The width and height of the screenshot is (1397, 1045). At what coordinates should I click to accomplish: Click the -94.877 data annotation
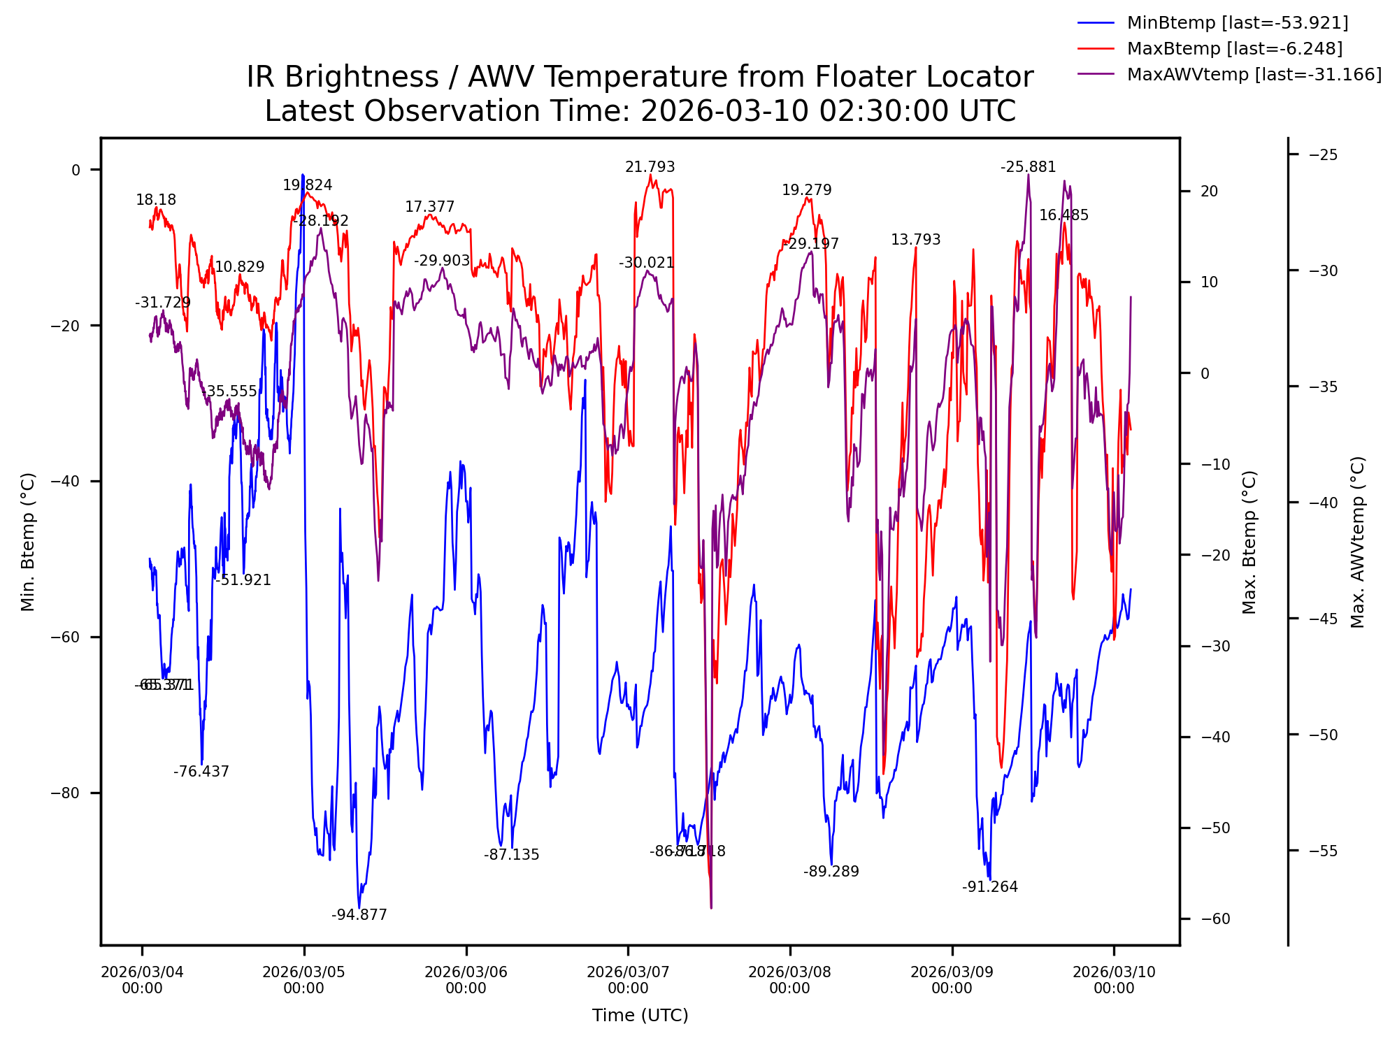click(359, 915)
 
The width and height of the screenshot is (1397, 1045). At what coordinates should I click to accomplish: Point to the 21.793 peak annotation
click(650, 167)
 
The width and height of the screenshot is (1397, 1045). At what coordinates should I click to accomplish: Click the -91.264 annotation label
click(989, 887)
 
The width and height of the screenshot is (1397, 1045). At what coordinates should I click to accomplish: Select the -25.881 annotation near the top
click(1028, 167)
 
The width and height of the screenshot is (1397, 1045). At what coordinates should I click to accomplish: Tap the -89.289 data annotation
click(831, 872)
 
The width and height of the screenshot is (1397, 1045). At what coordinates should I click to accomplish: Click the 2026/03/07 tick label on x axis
click(628, 979)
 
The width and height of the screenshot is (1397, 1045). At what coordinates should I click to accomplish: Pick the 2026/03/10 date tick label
click(1114, 979)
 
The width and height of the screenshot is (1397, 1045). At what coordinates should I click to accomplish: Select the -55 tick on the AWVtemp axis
click(1323, 851)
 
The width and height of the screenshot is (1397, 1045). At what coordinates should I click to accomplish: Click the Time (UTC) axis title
click(640, 1016)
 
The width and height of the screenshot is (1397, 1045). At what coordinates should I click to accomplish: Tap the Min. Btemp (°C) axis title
click(28, 542)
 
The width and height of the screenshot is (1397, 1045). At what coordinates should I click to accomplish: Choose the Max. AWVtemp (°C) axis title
click(1358, 542)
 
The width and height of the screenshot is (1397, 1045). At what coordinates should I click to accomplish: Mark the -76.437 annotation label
click(201, 772)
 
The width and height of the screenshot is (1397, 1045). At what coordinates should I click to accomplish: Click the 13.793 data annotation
click(915, 240)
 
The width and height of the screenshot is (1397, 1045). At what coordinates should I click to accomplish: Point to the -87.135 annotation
click(511, 855)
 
